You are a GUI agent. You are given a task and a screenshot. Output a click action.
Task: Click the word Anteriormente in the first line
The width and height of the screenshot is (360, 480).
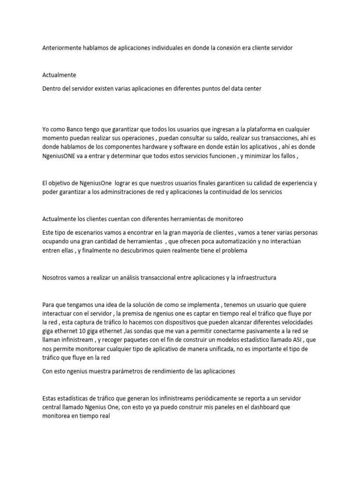[x=62, y=48]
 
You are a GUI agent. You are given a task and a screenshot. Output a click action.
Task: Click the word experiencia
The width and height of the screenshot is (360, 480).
[x=298, y=183]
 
